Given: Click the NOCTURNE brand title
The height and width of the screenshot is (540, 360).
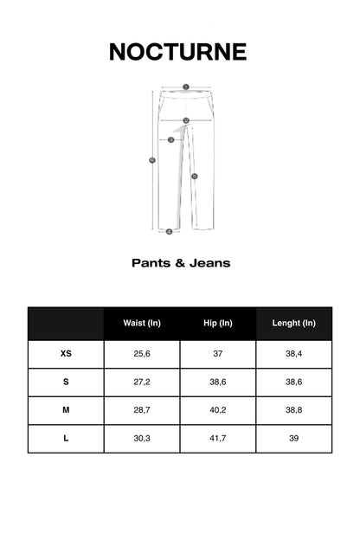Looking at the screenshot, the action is coord(178,52).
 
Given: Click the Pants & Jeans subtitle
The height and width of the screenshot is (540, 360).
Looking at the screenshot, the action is coord(181,262).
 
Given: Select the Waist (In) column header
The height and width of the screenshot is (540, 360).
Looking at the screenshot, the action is coord(142,323).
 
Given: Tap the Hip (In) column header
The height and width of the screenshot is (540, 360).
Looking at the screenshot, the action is coord(218,323).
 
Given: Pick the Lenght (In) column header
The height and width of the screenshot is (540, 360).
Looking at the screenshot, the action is coord(294,323).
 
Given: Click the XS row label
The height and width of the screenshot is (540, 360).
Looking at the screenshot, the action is coord(66,354).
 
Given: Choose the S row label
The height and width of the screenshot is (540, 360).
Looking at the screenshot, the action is coord(66,382).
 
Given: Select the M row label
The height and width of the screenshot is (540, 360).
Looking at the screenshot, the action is coord(66,410).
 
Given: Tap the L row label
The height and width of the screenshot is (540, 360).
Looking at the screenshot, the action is coord(66,439).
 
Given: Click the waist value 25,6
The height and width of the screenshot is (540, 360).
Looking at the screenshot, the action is coord(142,354).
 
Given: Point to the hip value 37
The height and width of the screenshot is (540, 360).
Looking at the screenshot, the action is coord(218,354).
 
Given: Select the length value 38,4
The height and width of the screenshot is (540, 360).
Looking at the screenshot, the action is coord(294,354).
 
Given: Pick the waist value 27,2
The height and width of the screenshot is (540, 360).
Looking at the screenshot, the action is coord(142,382).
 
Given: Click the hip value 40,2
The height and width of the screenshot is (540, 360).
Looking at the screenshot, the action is coord(218,410).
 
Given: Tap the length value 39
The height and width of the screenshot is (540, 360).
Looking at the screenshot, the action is coord(294,439).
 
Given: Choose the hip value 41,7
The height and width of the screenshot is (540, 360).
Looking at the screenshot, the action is coord(218,439).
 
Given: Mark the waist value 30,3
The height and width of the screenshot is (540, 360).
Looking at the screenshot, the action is coord(142,439).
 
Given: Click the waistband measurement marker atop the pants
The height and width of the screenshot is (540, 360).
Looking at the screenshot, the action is coord(186,87).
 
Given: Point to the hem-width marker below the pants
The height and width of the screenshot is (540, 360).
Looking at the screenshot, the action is coord(170,231).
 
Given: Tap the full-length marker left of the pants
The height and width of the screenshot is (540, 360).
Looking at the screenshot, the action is coord(152,159).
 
